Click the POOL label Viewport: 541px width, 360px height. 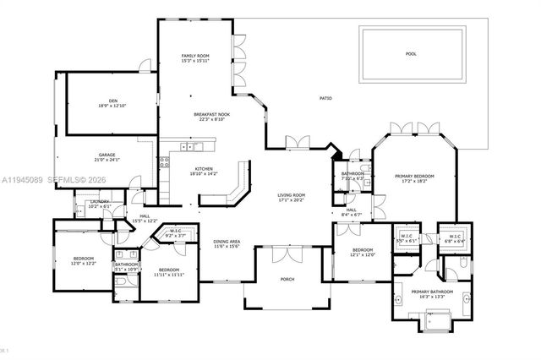click(411, 53)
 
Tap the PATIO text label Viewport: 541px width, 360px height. click(325, 99)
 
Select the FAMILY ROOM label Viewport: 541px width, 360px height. click(194, 57)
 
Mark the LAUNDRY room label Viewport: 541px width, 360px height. click(99, 204)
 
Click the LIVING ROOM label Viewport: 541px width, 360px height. click(291, 198)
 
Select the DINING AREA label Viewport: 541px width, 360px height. click(227, 243)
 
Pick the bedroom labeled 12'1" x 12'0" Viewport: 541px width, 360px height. click(363, 252)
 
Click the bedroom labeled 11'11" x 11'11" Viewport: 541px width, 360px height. click(169, 272)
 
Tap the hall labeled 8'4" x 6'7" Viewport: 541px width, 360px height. click(351, 213)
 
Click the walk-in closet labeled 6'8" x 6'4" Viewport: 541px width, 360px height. click(455, 238)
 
